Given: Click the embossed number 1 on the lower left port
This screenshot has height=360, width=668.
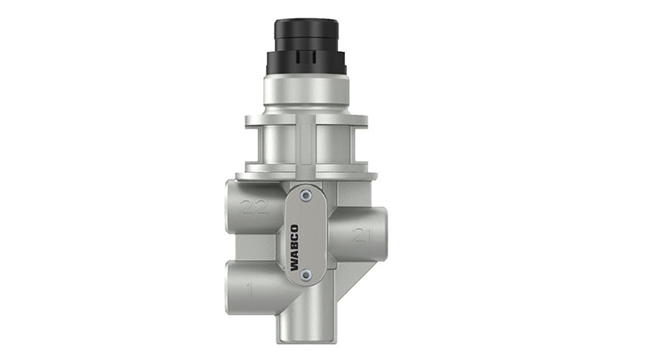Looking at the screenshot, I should pyautogui.click(x=248, y=290).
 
